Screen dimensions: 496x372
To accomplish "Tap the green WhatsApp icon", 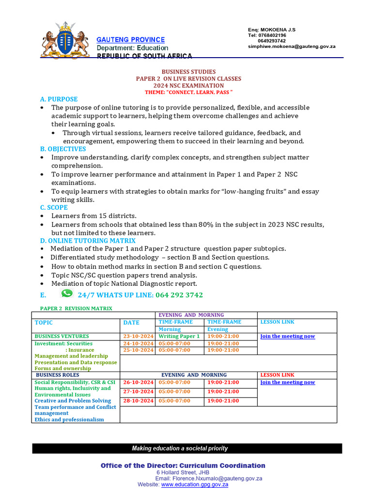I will coord(67,294).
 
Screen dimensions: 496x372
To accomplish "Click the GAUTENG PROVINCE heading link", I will coord(130,40).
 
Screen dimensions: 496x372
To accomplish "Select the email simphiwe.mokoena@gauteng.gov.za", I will coord(292,46).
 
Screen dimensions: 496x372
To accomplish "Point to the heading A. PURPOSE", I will coord(59,99).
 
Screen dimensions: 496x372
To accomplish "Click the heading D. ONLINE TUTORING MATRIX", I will coord(88,240).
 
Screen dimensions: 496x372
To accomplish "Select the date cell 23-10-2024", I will coord(138,336).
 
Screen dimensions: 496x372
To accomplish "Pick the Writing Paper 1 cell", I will coord(179,336).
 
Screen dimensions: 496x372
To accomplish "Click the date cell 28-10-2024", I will coord(138,401).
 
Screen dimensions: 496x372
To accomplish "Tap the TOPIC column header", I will coord(44,323).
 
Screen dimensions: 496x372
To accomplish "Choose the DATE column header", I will coord(131,323).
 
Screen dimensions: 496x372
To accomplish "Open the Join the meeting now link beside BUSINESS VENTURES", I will coord(287,336).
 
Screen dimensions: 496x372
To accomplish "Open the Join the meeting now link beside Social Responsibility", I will coord(287,382).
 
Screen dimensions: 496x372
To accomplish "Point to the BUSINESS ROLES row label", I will coord(58,375).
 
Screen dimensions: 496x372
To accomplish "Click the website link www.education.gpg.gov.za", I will coord(195,484).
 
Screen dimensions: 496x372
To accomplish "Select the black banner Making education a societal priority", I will coord(187,449).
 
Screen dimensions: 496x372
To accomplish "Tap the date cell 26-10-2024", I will coord(138,382).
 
